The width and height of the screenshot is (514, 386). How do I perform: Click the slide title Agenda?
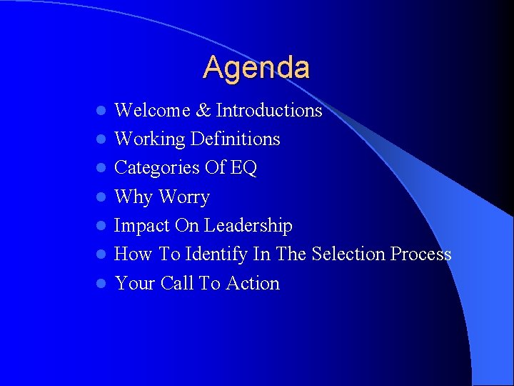point(256,68)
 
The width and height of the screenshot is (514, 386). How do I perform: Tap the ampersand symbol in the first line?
point(203,111)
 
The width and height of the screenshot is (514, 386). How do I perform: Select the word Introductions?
point(269,110)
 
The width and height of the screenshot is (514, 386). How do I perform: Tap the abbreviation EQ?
point(243,168)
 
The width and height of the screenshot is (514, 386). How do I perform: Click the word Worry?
point(183,197)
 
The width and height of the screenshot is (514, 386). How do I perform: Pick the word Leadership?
point(248,226)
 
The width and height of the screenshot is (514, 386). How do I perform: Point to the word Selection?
point(347,254)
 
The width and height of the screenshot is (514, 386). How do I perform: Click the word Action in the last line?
point(253,283)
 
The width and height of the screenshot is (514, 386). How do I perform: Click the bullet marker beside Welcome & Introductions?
point(102,112)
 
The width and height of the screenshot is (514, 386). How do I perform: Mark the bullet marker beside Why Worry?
point(102,198)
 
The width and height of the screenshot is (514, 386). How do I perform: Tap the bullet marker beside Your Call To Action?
point(102,284)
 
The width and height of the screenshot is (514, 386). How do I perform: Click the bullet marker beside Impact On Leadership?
point(102,227)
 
